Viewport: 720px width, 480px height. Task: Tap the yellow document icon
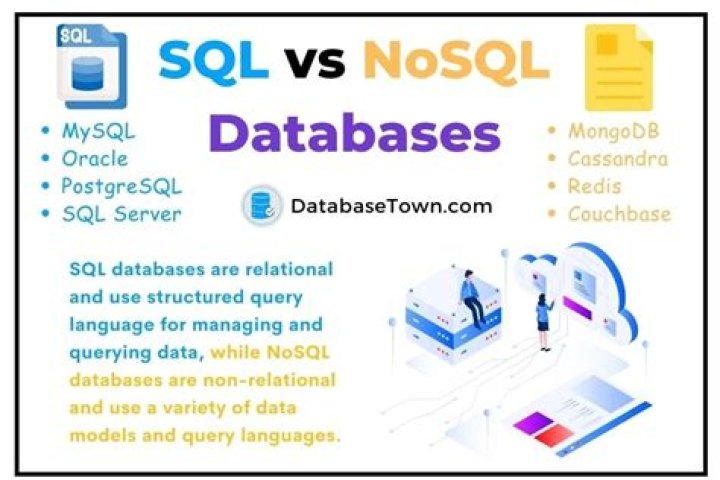click(617, 68)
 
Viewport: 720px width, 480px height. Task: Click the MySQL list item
click(98, 131)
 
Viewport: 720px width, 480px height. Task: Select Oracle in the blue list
click(94, 158)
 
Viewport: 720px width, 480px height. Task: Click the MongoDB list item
click(613, 131)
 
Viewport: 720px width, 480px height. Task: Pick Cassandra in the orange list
click(617, 158)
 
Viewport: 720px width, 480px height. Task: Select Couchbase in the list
click(619, 213)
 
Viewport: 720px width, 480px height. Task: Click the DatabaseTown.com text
click(391, 206)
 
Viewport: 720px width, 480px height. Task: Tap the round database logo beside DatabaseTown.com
click(262, 206)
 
